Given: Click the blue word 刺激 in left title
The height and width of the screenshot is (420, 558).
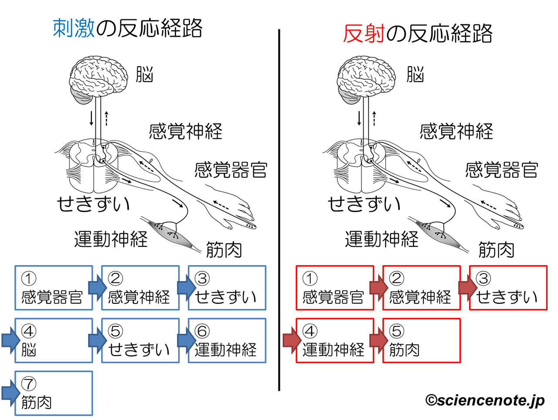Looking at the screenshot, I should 74,28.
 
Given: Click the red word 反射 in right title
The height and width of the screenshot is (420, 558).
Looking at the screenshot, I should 363,34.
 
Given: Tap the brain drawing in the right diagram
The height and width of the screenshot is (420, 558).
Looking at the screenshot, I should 367,78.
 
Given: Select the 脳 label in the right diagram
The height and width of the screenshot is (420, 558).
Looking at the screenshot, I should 415,75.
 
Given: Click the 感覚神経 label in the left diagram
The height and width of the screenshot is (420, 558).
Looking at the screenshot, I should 185,131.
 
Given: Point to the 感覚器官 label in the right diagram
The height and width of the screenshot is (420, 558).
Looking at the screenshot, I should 501,170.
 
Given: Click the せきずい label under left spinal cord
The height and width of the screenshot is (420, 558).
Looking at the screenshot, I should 93,204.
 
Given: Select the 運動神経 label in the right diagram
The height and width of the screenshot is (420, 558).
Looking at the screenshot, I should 381,239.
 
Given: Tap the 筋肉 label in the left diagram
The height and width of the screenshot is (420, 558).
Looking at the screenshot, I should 224,250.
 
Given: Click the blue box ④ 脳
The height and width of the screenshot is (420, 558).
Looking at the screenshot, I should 54,340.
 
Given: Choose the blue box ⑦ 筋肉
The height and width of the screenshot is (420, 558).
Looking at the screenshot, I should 54,393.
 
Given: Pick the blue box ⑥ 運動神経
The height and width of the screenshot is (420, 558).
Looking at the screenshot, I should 227,340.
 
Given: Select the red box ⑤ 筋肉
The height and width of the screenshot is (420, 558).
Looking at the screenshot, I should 421,340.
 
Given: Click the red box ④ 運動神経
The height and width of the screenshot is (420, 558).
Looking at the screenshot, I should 335,340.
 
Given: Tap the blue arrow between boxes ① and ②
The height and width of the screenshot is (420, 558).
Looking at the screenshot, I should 97,288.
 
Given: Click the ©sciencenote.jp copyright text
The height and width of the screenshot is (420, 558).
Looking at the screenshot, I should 485,400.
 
